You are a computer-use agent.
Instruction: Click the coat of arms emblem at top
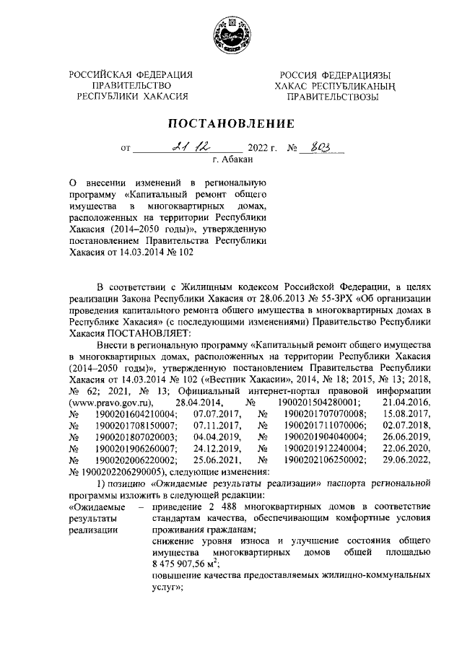(x=231, y=35)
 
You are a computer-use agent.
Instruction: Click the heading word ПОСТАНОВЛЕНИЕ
(x=231, y=122)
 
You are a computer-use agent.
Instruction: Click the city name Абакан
(x=237, y=161)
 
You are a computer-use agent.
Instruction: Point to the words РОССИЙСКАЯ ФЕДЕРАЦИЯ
(x=131, y=76)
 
